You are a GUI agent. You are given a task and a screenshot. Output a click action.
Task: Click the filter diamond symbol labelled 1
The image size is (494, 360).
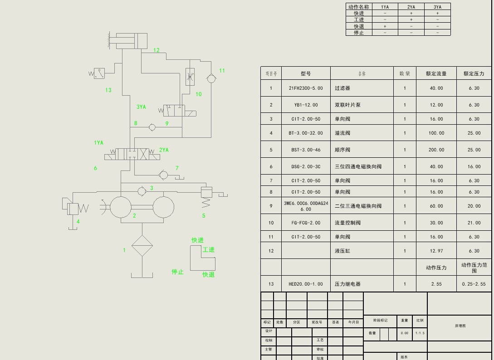(x=142, y=246)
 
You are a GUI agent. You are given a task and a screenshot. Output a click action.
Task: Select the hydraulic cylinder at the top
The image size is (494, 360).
(x=131, y=41)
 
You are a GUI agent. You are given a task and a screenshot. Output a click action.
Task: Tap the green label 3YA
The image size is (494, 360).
(x=141, y=107)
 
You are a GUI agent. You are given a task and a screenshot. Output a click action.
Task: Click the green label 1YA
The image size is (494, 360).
(x=98, y=143)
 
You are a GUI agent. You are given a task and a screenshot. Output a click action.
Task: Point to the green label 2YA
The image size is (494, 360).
(x=164, y=150)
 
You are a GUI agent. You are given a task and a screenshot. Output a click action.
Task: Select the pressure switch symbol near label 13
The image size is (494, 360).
(x=99, y=73)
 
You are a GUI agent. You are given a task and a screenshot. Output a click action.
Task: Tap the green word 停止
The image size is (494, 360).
(x=177, y=272)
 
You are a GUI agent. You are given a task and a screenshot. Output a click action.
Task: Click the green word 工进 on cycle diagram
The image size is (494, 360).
(x=209, y=250)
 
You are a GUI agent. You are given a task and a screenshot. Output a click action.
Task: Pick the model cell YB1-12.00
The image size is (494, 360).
(x=306, y=105)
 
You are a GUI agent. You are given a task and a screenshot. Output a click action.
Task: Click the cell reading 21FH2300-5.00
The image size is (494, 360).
(x=306, y=88)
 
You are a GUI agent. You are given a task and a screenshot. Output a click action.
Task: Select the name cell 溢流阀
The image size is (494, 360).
(x=342, y=133)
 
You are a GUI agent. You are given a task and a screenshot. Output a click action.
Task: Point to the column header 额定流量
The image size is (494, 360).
(x=436, y=73)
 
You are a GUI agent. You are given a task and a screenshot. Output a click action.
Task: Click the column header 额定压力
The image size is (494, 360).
(x=474, y=73)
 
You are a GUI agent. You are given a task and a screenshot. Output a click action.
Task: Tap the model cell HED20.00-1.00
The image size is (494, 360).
(x=306, y=284)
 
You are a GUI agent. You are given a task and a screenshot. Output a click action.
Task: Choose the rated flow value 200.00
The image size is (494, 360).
(x=436, y=150)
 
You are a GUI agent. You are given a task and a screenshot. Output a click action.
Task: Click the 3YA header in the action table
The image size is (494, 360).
(x=437, y=7)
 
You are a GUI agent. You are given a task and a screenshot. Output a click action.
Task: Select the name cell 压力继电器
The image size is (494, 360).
(x=347, y=284)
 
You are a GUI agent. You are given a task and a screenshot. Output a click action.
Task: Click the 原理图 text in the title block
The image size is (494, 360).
(x=460, y=326)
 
